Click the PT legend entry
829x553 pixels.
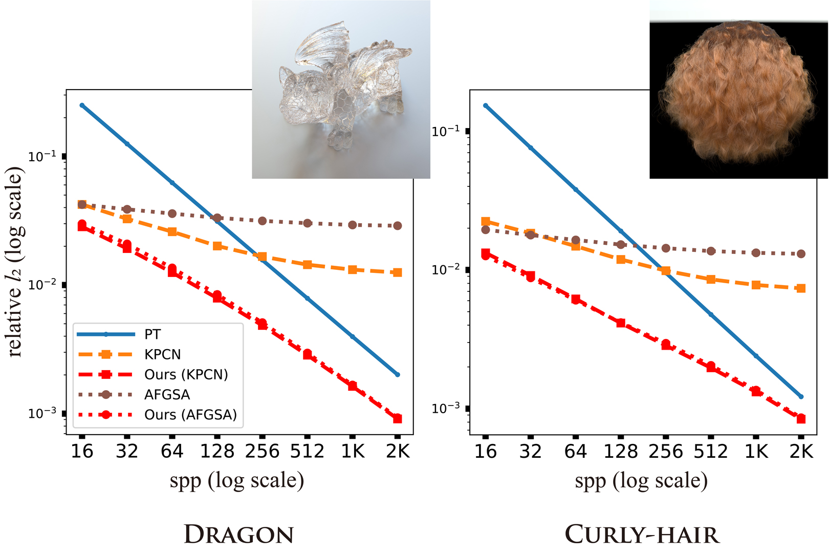coord(152,334)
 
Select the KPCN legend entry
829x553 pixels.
coord(162,354)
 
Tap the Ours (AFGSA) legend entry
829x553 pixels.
coord(190,414)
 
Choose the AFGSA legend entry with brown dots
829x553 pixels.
coord(167,394)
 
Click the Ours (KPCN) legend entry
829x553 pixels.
coord(186,374)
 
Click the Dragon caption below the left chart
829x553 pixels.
coord(239,534)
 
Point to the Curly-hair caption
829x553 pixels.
coord(642,534)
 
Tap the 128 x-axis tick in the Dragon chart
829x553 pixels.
coord(217,451)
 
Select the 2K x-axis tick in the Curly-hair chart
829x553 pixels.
coord(801,451)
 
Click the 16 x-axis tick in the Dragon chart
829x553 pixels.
coord(82,451)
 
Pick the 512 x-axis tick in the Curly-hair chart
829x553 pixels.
coord(711,451)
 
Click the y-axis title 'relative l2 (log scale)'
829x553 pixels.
coord(15,261)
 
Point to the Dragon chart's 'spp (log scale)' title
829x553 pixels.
coord(237,481)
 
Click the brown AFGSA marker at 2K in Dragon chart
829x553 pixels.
coord(398,225)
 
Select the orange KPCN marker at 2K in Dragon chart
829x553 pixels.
coord(398,272)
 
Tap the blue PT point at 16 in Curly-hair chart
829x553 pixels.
coord(486,106)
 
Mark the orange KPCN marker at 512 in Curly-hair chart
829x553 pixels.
coord(711,279)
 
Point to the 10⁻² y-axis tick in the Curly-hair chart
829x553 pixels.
coord(446,269)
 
